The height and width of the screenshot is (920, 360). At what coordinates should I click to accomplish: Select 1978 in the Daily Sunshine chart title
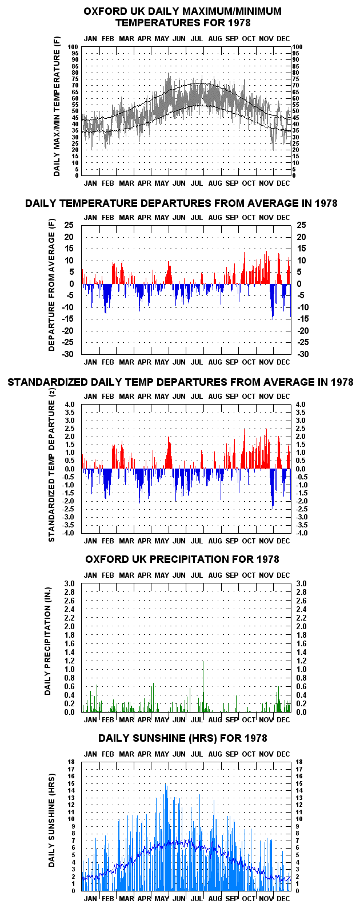pos(253,738)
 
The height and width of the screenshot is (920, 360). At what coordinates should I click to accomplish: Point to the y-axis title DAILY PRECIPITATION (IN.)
pos(48,641)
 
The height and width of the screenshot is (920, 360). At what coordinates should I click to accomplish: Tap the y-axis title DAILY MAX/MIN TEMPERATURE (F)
pos(57,107)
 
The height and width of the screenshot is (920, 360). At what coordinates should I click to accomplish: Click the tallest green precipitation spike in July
pos(203,686)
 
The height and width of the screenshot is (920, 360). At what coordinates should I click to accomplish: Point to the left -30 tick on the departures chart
pos(68,354)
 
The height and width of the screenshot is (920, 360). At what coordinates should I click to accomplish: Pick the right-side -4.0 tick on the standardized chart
pos(301,533)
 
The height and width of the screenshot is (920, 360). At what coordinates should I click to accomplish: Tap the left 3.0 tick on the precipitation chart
pos(69,583)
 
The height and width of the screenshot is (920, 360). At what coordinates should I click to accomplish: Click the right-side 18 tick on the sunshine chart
pos(299,762)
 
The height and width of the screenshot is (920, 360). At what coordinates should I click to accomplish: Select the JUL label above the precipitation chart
pos(197,575)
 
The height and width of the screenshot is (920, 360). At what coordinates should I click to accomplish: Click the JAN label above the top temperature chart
pos(90,39)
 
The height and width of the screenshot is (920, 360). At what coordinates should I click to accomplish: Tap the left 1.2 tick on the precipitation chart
pos(69,661)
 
